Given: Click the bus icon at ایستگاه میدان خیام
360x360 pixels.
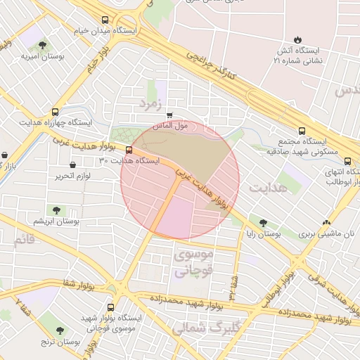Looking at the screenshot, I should pyautogui.click(x=105, y=20).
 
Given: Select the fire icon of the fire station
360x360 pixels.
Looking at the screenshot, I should pyautogui.click(x=299, y=40).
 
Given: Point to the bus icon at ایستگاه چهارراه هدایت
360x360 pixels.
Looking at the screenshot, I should pyautogui.click(x=55, y=111).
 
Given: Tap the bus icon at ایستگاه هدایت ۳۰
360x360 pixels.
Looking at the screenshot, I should pyautogui.click(x=129, y=150).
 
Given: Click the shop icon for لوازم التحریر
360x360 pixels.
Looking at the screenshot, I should pyautogui.click(x=72, y=165).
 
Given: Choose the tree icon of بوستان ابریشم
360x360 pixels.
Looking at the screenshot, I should pyautogui.click(x=56, y=210).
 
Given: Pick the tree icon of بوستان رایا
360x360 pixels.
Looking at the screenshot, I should pyautogui.click(x=264, y=223).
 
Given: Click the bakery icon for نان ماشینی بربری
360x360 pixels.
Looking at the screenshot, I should pyautogui.click(x=325, y=222).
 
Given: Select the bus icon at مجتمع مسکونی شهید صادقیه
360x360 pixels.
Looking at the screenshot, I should pyautogui.click(x=302, y=131).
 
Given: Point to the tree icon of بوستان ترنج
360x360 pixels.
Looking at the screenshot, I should pyautogui.click(x=58, y=330).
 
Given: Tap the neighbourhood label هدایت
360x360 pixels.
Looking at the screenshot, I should pyautogui.click(x=264, y=188).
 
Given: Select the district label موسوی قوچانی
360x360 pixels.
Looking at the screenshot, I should pyautogui.click(x=191, y=262).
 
